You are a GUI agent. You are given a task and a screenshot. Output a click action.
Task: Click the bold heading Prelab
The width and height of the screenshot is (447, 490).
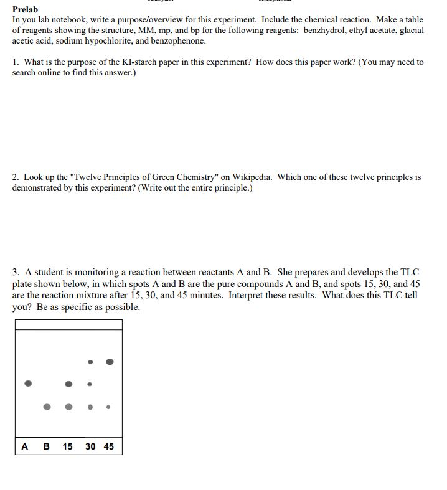tap(25, 9)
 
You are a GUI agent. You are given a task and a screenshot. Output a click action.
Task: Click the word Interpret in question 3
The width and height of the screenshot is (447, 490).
tap(247, 295)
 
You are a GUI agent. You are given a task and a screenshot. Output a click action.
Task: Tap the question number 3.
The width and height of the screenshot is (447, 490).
tap(16, 272)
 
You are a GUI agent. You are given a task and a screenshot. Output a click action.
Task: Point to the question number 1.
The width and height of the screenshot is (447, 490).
tap(16, 62)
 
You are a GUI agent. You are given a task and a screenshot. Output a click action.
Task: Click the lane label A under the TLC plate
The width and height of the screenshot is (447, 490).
tap(25, 446)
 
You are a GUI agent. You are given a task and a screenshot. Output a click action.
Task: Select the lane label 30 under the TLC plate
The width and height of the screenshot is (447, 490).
tap(90, 446)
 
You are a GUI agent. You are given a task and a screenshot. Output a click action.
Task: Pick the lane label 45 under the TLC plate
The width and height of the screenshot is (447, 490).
tap(109, 446)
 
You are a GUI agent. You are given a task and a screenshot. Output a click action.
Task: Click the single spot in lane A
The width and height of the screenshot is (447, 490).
tap(27, 384)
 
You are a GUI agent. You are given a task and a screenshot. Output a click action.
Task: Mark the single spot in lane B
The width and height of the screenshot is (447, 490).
tap(47, 407)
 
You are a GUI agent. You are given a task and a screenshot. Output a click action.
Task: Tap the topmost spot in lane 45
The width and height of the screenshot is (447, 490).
tap(110, 361)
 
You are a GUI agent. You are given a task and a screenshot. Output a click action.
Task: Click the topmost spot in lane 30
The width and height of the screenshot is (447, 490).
tap(90, 362)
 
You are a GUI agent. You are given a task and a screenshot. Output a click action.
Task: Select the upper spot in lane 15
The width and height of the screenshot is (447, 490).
tap(69, 384)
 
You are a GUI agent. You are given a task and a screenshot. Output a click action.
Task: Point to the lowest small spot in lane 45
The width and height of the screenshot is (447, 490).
tap(108, 407)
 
